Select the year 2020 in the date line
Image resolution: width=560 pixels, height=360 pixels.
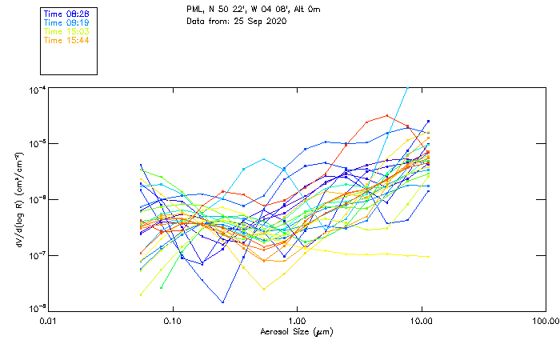click(274, 20)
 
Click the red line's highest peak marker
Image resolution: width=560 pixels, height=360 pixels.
click(387, 115)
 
